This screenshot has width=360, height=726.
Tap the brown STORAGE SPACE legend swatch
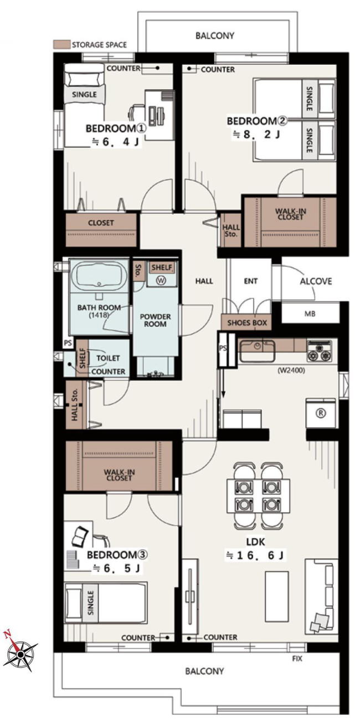tap(61, 44)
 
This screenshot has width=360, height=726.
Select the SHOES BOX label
tap(247, 323)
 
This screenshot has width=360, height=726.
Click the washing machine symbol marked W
tap(161, 280)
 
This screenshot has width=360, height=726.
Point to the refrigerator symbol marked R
tap(321, 413)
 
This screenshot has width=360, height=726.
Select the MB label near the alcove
tap(310, 314)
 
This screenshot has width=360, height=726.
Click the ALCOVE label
tap(316, 281)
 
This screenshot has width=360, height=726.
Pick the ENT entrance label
tap(250, 281)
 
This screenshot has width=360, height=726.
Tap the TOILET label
tap(108, 358)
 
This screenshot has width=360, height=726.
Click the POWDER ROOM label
tap(155, 320)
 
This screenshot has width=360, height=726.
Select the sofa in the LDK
tap(321, 596)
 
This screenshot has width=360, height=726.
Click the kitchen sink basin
tap(257, 350)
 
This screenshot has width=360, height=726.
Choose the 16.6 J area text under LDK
tap(255, 555)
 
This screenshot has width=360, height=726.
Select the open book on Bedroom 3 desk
tap(80, 536)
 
